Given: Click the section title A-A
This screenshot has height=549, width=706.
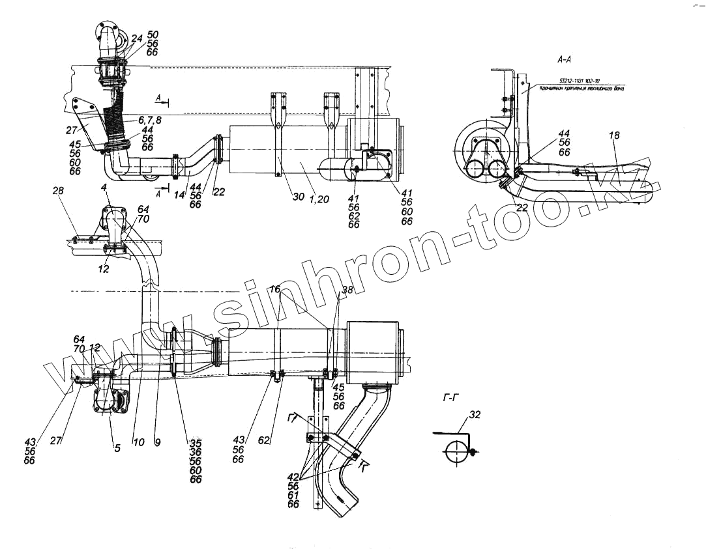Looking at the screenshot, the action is pos(565,59).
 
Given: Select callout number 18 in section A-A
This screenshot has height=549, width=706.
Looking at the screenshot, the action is pos(614,135).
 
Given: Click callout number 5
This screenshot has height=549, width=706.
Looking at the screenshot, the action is pos(117,448).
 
